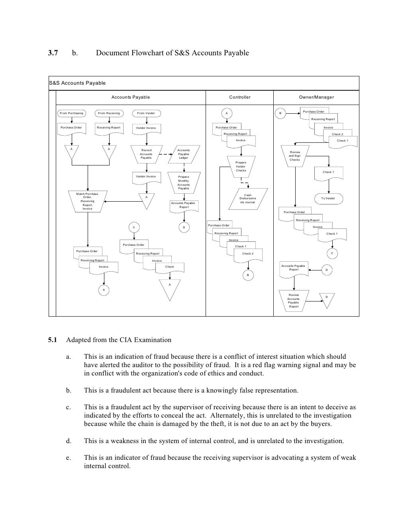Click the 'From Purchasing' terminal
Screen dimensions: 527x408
71,113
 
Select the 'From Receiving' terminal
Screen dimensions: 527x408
109,113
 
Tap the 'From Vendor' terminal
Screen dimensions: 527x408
146,113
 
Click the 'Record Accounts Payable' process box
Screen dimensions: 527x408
146,154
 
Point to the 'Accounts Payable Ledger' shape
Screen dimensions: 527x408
183,154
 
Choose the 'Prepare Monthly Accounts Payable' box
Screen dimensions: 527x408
184,183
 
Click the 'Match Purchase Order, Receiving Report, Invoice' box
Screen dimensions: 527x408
87,201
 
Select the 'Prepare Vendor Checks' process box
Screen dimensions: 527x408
241,166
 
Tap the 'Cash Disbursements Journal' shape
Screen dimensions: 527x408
247,198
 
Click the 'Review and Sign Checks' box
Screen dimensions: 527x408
295,156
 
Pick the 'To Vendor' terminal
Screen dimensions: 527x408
328,198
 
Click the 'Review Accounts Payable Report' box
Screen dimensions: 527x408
294,300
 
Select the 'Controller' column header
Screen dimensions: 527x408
240,97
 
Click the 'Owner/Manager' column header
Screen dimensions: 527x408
316,97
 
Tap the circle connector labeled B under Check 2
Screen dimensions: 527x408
248,275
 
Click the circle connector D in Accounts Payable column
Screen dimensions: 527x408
184,228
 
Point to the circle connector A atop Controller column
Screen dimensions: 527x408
227,113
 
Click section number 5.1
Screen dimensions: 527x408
53,340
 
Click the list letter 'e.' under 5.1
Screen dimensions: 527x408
69,458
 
